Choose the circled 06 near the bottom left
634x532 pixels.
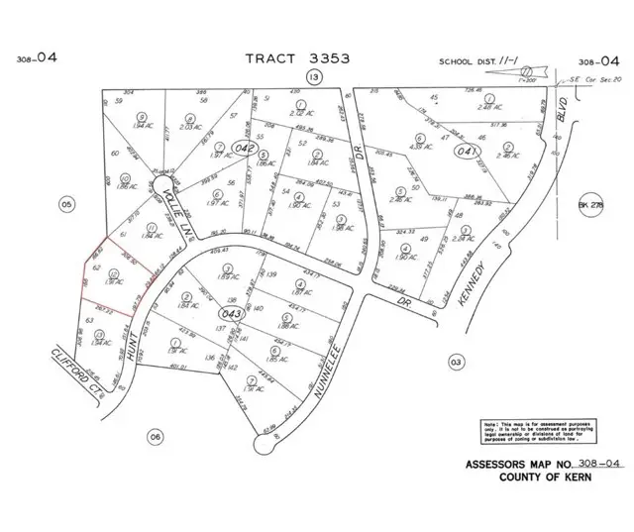tap(155, 435)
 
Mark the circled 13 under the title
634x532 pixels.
tap(314, 77)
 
